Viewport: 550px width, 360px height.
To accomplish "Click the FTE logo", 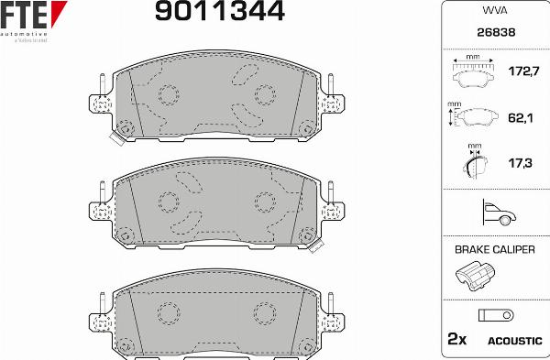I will point(33,16).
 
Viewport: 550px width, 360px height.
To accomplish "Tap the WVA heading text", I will point(494,11).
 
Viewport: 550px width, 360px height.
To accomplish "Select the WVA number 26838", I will point(495,31).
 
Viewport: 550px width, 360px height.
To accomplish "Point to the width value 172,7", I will point(521,70).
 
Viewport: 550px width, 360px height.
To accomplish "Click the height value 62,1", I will point(521,117).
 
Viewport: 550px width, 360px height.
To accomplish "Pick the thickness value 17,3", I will point(521,163).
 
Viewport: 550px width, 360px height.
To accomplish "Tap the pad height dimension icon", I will point(474,118).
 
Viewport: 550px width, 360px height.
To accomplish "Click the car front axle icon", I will point(495,213).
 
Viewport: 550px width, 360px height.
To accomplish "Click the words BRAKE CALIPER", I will point(495,248).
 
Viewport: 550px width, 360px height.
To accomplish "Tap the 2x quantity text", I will point(456,340).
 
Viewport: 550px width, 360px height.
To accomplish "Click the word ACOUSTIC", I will point(514,341).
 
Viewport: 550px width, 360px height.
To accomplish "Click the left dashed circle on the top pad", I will point(168,93).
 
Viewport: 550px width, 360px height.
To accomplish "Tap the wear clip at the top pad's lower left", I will point(116,138).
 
